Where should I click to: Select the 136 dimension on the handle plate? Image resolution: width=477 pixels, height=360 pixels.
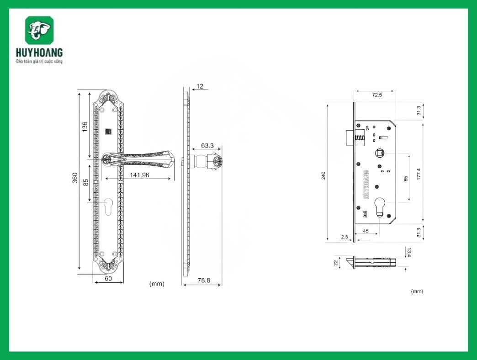point(85,127)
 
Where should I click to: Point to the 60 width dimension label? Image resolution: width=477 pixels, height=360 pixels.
point(108,278)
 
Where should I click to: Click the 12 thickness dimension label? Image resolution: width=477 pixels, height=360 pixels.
point(200,86)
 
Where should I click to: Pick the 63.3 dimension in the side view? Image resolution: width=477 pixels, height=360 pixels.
point(207,146)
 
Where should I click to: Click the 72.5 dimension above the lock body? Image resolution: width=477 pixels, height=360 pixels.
point(376,95)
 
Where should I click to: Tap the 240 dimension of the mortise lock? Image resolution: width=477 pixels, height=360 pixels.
point(323,175)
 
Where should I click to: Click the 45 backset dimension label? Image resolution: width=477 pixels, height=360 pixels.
point(366,231)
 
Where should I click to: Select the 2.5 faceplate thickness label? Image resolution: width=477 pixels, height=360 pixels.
point(344,237)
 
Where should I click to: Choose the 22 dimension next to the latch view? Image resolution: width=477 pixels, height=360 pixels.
point(336,263)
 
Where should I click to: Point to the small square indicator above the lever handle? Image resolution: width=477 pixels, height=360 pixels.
point(108,132)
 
